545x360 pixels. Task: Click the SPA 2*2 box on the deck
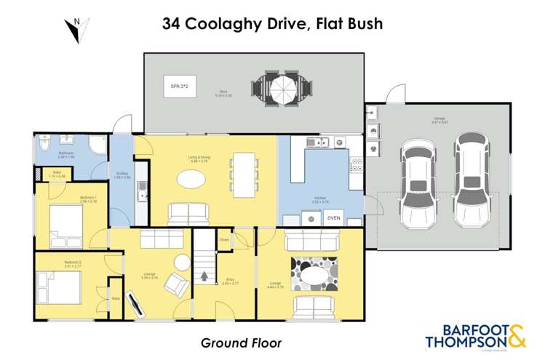pyautogui.click(x=175, y=87)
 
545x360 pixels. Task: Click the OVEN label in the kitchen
pyautogui.click(x=333, y=217)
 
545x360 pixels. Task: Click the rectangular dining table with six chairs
pyautogui.click(x=242, y=175)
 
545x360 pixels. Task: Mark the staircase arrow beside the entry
pyautogui.click(x=205, y=276)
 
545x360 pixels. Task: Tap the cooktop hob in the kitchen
pyautogui.click(x=357, y=165)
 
